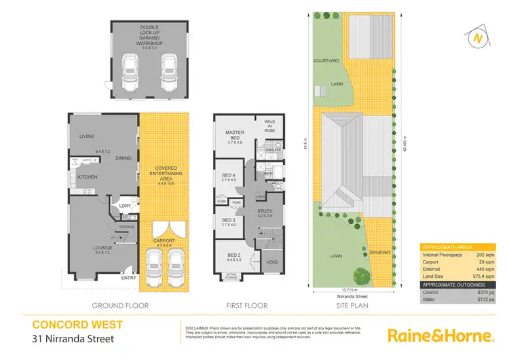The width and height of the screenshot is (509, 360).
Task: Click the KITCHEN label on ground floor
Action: (88, 177)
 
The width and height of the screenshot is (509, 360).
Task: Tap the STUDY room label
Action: (265, 211)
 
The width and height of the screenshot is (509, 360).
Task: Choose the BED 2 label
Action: (234, 256)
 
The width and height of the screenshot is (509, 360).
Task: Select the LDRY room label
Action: (124, 206)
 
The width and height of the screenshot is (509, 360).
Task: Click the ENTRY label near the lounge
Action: (128, 277)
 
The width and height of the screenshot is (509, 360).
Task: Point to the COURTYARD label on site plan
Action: (326, 60)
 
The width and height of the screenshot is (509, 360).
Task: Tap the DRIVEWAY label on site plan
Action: (381, 252)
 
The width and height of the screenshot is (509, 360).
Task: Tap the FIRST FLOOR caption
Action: (246, 306)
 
